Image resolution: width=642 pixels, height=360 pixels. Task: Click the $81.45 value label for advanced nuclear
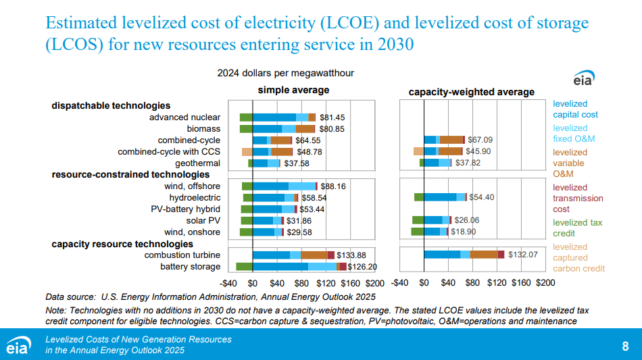332,118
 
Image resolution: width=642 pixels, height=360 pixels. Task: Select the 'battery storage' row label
190,267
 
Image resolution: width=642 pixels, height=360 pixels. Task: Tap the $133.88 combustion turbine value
351,255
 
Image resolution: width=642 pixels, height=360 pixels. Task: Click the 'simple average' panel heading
293,90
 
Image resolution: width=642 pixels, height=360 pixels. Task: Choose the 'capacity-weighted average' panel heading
471,92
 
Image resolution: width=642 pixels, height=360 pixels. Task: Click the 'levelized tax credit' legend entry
578,228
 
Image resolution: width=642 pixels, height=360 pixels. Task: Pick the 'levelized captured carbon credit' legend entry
578,257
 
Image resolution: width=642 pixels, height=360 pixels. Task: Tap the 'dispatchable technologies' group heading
111,105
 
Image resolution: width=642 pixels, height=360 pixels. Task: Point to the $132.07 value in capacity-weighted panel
522,255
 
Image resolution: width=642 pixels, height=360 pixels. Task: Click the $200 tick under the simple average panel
375,283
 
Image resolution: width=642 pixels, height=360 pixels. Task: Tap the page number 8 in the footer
625,346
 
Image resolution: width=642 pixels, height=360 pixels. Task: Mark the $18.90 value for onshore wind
465,232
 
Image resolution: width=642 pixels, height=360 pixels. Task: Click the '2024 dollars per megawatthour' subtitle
285,73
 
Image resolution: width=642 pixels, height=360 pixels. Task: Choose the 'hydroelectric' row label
195,198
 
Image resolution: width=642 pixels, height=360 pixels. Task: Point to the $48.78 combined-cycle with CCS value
310,152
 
